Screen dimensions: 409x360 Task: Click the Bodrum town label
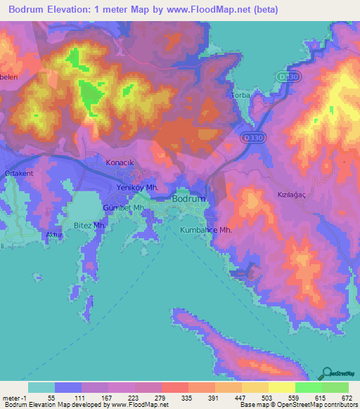(x=189, y=199)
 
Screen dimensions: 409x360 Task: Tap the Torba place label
(x=241, y=94)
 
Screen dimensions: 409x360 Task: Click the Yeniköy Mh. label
(x=138, y=188)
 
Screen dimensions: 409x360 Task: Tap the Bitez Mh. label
(x=89, y=225)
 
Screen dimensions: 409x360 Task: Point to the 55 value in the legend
(x=50, y=398)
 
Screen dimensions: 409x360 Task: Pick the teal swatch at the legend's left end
(x=41, y=387)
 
